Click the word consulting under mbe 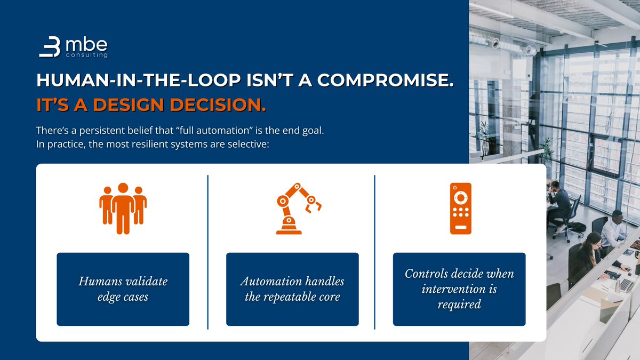[87, 55]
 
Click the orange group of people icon [123, 209]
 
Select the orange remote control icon [460, 209]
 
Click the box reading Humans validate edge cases [123, 289]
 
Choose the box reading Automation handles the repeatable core [292, 289]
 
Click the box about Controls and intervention [459, 289]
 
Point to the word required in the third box [459, 304]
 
